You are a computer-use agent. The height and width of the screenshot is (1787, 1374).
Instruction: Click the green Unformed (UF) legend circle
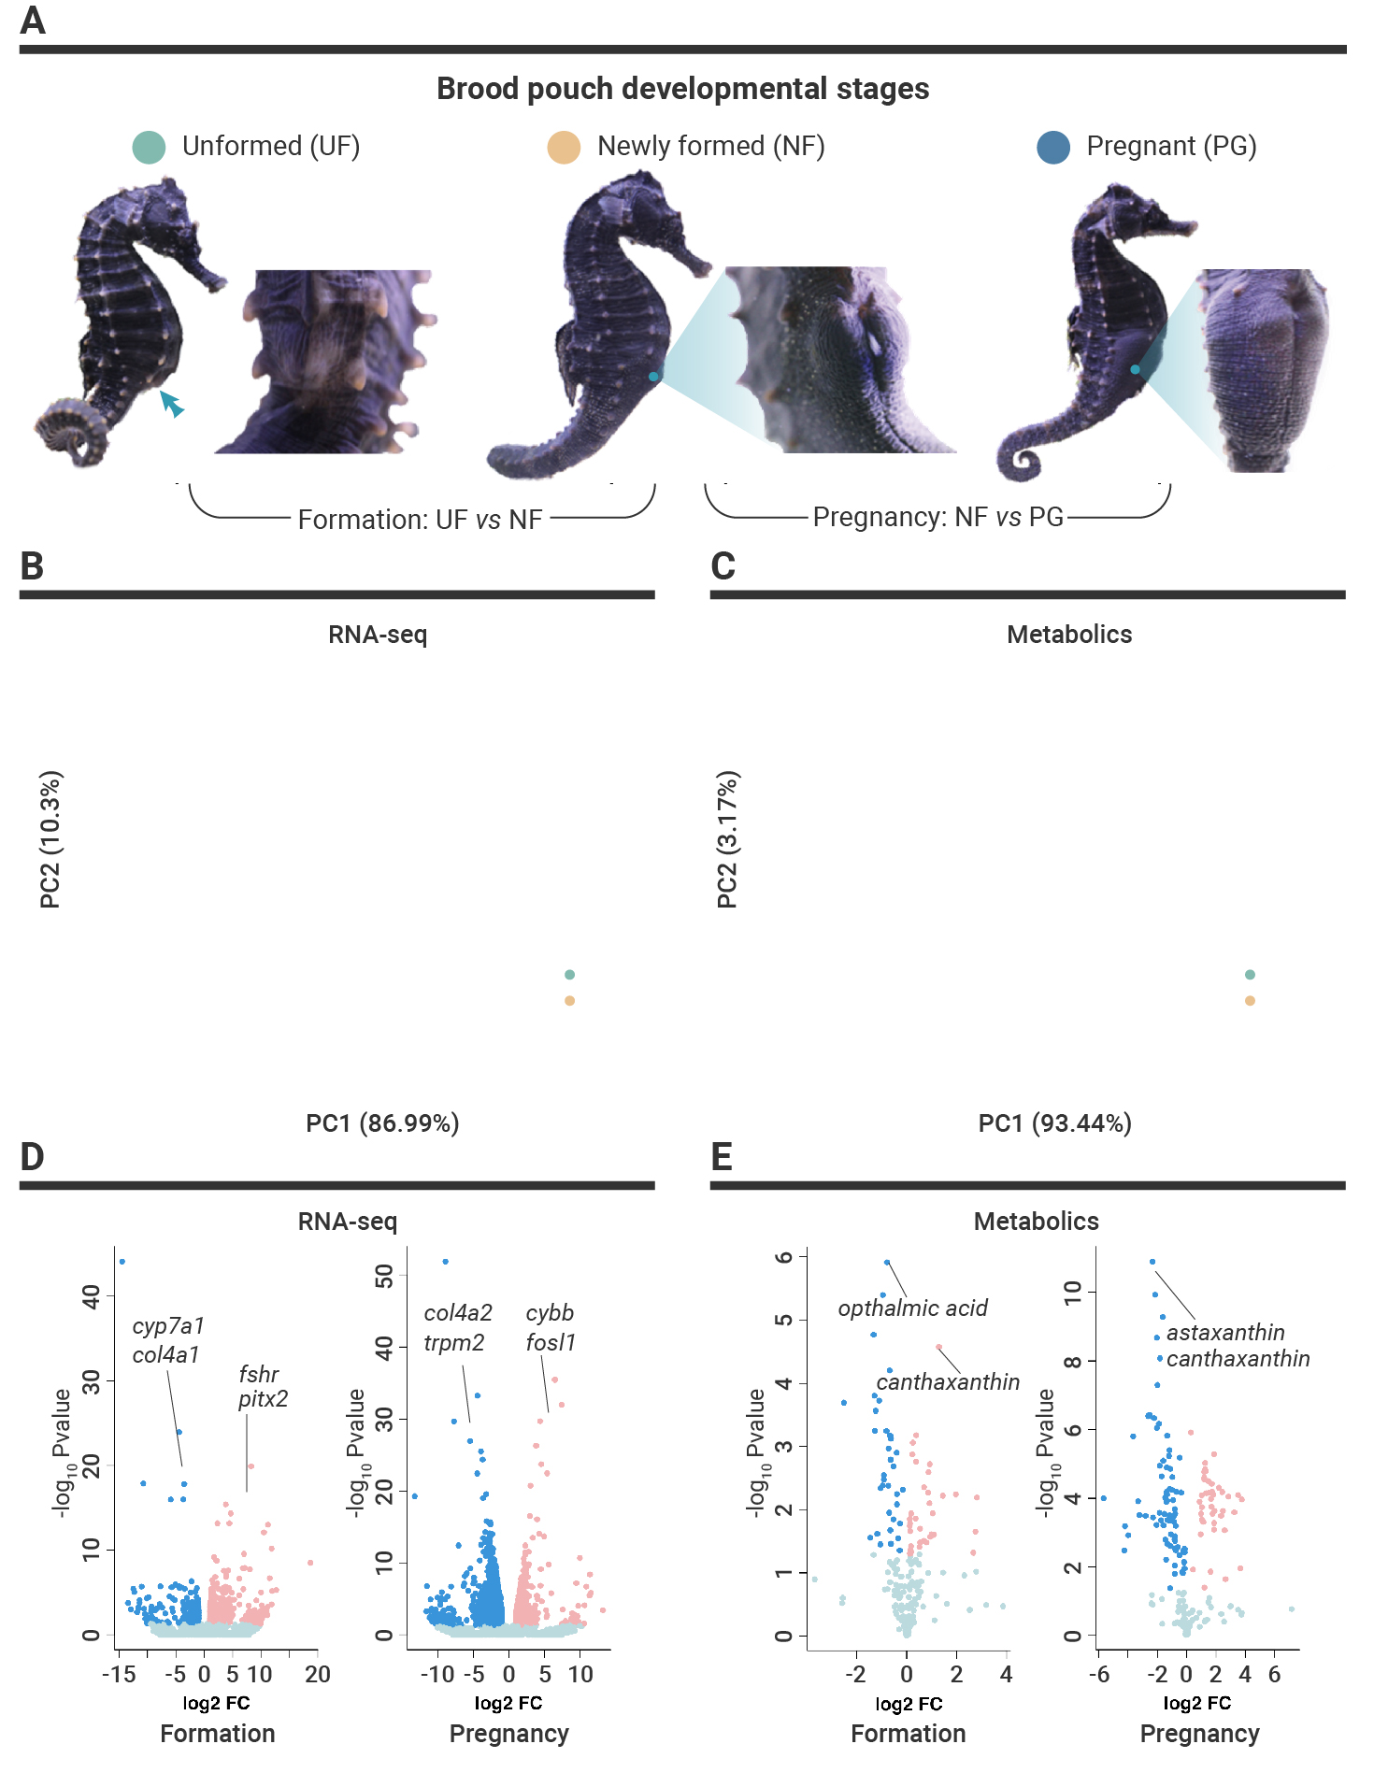tap(149, 147)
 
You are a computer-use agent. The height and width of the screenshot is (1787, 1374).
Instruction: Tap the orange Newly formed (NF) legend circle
tap(564, 147)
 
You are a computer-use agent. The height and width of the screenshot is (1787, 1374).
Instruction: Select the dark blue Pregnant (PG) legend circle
tap(1053, 147)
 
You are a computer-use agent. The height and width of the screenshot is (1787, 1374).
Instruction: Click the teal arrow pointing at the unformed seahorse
tap(171, 404)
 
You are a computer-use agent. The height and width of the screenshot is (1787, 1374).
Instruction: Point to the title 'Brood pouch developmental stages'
tap(683, 89)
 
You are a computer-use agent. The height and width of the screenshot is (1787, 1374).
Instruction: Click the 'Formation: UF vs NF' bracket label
tap(420, 520)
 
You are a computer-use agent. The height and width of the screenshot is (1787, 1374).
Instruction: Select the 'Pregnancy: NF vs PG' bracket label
tap(938, 517)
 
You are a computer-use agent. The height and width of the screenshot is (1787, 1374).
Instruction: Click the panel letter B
tap(32, 565)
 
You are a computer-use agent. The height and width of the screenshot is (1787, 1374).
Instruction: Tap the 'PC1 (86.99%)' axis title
tap(382, 1122)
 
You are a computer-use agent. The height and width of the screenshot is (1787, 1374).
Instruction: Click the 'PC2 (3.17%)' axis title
tap(727, 839)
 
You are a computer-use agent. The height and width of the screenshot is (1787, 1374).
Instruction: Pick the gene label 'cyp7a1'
tap(168, 1325)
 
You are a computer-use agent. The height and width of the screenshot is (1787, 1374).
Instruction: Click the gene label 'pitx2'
tap(263, 1399)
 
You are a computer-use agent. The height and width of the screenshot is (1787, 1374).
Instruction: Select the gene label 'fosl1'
tap(551, 1342)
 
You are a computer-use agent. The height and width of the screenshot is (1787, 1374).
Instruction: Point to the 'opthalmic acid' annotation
tap(913, 1308)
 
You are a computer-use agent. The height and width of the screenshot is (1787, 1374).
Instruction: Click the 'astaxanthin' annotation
tap(1225, 1332)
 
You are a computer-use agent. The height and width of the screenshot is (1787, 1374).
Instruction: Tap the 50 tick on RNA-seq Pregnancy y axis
tap(383, 1275)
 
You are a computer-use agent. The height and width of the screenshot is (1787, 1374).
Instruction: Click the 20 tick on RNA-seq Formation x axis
tap(318, 1674)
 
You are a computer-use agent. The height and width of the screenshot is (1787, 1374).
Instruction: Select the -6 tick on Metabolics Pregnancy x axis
tap(1099, 1674)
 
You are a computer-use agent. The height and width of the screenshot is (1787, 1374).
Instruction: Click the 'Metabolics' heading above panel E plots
tap(1036, 1221)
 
